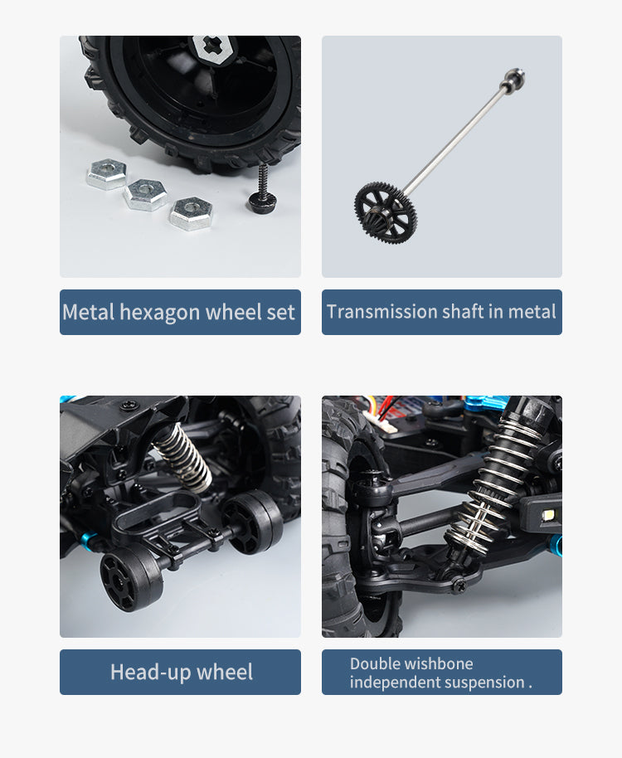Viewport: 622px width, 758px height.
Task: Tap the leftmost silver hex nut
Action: pyautogui.click(x=107, y=175)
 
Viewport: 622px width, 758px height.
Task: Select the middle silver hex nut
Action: pyautogui.click(x=145, y=194)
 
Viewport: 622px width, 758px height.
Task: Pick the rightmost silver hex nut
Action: pyautogui.click(x=191, y=212)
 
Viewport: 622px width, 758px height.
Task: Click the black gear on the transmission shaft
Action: pyautogui.click(x=386, y=207)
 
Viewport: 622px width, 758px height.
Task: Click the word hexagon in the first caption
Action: pyautogui.click(x=159, y=313)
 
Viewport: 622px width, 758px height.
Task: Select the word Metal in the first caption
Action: pyautogui.click(x=89, y=313)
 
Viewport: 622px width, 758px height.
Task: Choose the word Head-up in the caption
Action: pyautogui.click(x=149, y=672)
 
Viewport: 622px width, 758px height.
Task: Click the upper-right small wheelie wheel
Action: pyautogui.click(x=254, y=522)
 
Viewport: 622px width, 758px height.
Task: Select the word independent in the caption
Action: pyautogui.click(x=392, y=683)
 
